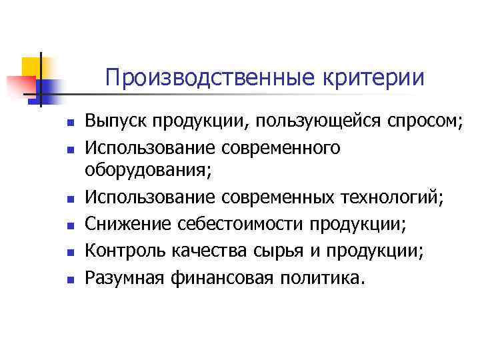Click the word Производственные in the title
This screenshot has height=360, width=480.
pos(210,78)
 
